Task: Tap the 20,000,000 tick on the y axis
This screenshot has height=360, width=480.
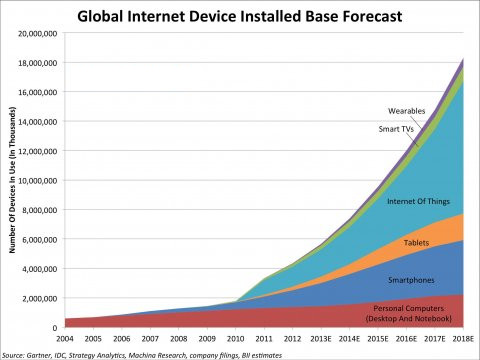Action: point(40,33)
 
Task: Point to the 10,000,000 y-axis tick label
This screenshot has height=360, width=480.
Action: point(40,181)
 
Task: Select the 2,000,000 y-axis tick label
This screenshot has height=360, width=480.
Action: point(42,299)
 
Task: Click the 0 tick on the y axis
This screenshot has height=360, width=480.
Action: point(57,328)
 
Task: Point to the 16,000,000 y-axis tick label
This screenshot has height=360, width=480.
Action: point(40,92)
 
